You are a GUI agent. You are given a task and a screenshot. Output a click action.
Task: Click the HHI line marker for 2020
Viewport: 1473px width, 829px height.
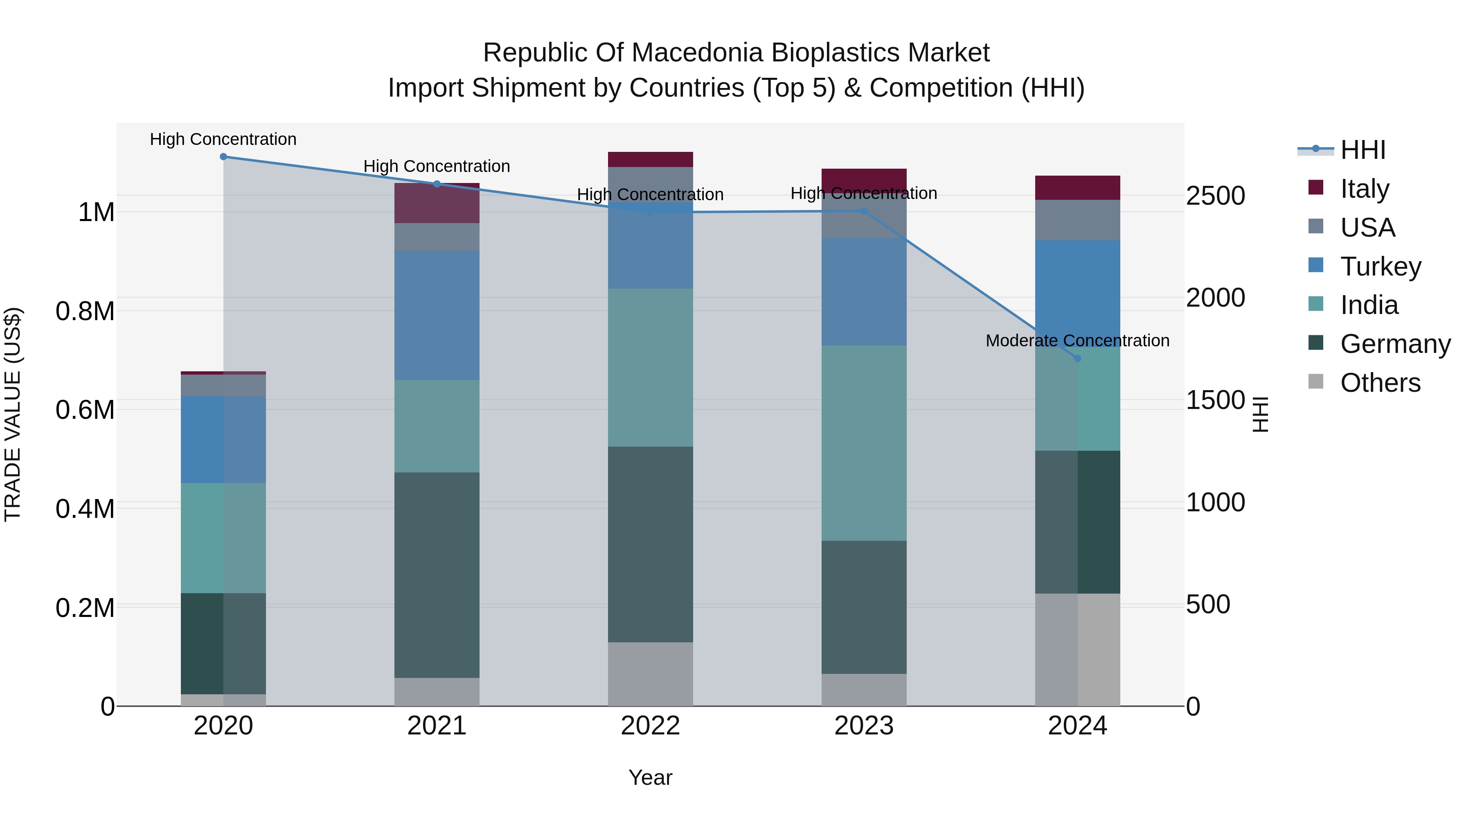point(223,157)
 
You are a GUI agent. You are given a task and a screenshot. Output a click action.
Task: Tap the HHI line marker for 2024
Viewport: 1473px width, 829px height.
point(1077,359)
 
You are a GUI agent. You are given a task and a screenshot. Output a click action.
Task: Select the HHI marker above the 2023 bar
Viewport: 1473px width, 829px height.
point(864,211)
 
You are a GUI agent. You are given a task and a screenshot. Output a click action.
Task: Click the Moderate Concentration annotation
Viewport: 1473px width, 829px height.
point(1077,341)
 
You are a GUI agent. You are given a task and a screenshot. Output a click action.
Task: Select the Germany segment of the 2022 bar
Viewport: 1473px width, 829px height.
point(650,544)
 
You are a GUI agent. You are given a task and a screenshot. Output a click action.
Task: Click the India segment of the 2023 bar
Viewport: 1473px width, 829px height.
point(864,443)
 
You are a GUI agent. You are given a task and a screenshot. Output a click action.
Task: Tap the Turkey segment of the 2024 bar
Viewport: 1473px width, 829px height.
point(1077,293)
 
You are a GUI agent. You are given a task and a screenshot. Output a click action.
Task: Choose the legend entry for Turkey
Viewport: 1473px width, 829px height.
point(1380,267)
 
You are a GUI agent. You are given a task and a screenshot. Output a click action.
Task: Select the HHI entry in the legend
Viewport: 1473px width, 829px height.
point(1362,150)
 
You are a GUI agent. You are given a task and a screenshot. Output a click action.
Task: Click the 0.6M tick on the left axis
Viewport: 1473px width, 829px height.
point(85,410)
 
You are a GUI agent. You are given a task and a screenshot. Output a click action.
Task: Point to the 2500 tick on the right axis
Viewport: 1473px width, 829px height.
point(1215,196)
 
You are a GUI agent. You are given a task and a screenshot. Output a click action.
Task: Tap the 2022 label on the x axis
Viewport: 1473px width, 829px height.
point(650,726)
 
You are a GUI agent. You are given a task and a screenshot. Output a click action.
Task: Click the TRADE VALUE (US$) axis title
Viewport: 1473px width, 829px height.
point(13,414)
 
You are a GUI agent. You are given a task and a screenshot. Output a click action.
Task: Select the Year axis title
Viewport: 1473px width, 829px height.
point(650,777)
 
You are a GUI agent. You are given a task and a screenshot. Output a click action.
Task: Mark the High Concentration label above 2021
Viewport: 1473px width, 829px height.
point(437,167)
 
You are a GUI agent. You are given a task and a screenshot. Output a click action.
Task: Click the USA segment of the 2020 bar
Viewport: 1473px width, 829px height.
point(223,385)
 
